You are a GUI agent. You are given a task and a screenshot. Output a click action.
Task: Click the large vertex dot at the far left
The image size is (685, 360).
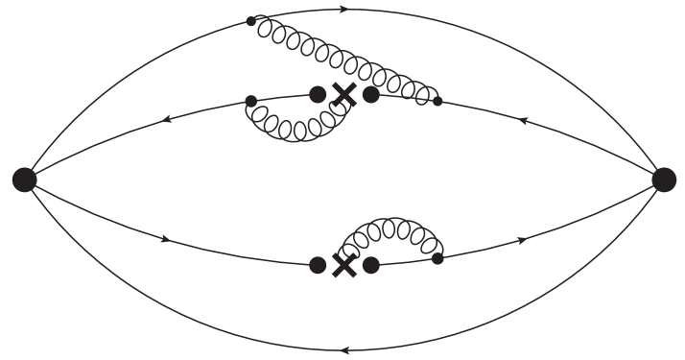coord(25,179)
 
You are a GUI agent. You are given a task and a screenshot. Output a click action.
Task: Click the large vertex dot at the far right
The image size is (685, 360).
coord(663,179)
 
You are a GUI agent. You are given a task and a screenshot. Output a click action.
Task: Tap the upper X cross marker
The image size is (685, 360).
coord(343,94)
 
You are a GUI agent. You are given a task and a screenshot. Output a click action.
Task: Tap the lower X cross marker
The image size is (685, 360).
coord(343,265)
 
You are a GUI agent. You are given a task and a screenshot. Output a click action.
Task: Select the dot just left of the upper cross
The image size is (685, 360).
coord(318,94)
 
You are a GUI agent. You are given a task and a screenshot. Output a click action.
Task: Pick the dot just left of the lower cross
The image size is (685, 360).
coord(318,265)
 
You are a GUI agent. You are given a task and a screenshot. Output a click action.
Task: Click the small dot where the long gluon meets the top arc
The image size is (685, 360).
coord(251,20)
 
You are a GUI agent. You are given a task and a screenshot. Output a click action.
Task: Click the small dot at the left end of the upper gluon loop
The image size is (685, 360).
coord(250,101)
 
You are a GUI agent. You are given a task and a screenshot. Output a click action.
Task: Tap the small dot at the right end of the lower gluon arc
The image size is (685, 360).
coord(437,258)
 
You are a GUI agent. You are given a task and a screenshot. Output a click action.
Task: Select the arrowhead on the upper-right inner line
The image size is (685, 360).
coord(522,121)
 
